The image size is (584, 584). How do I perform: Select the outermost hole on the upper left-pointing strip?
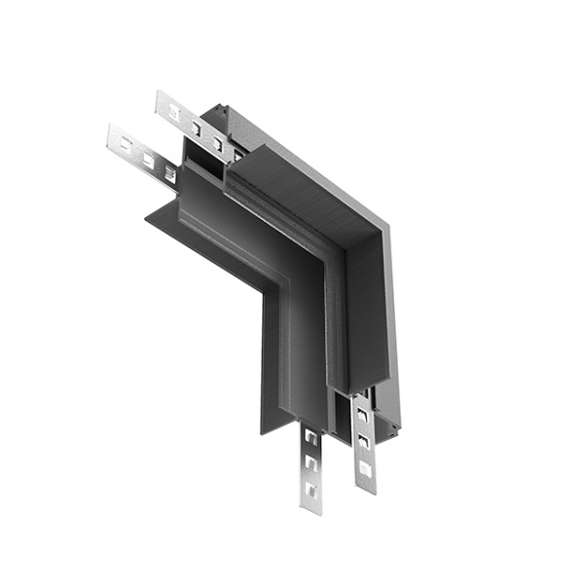click(x=175, y=111)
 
